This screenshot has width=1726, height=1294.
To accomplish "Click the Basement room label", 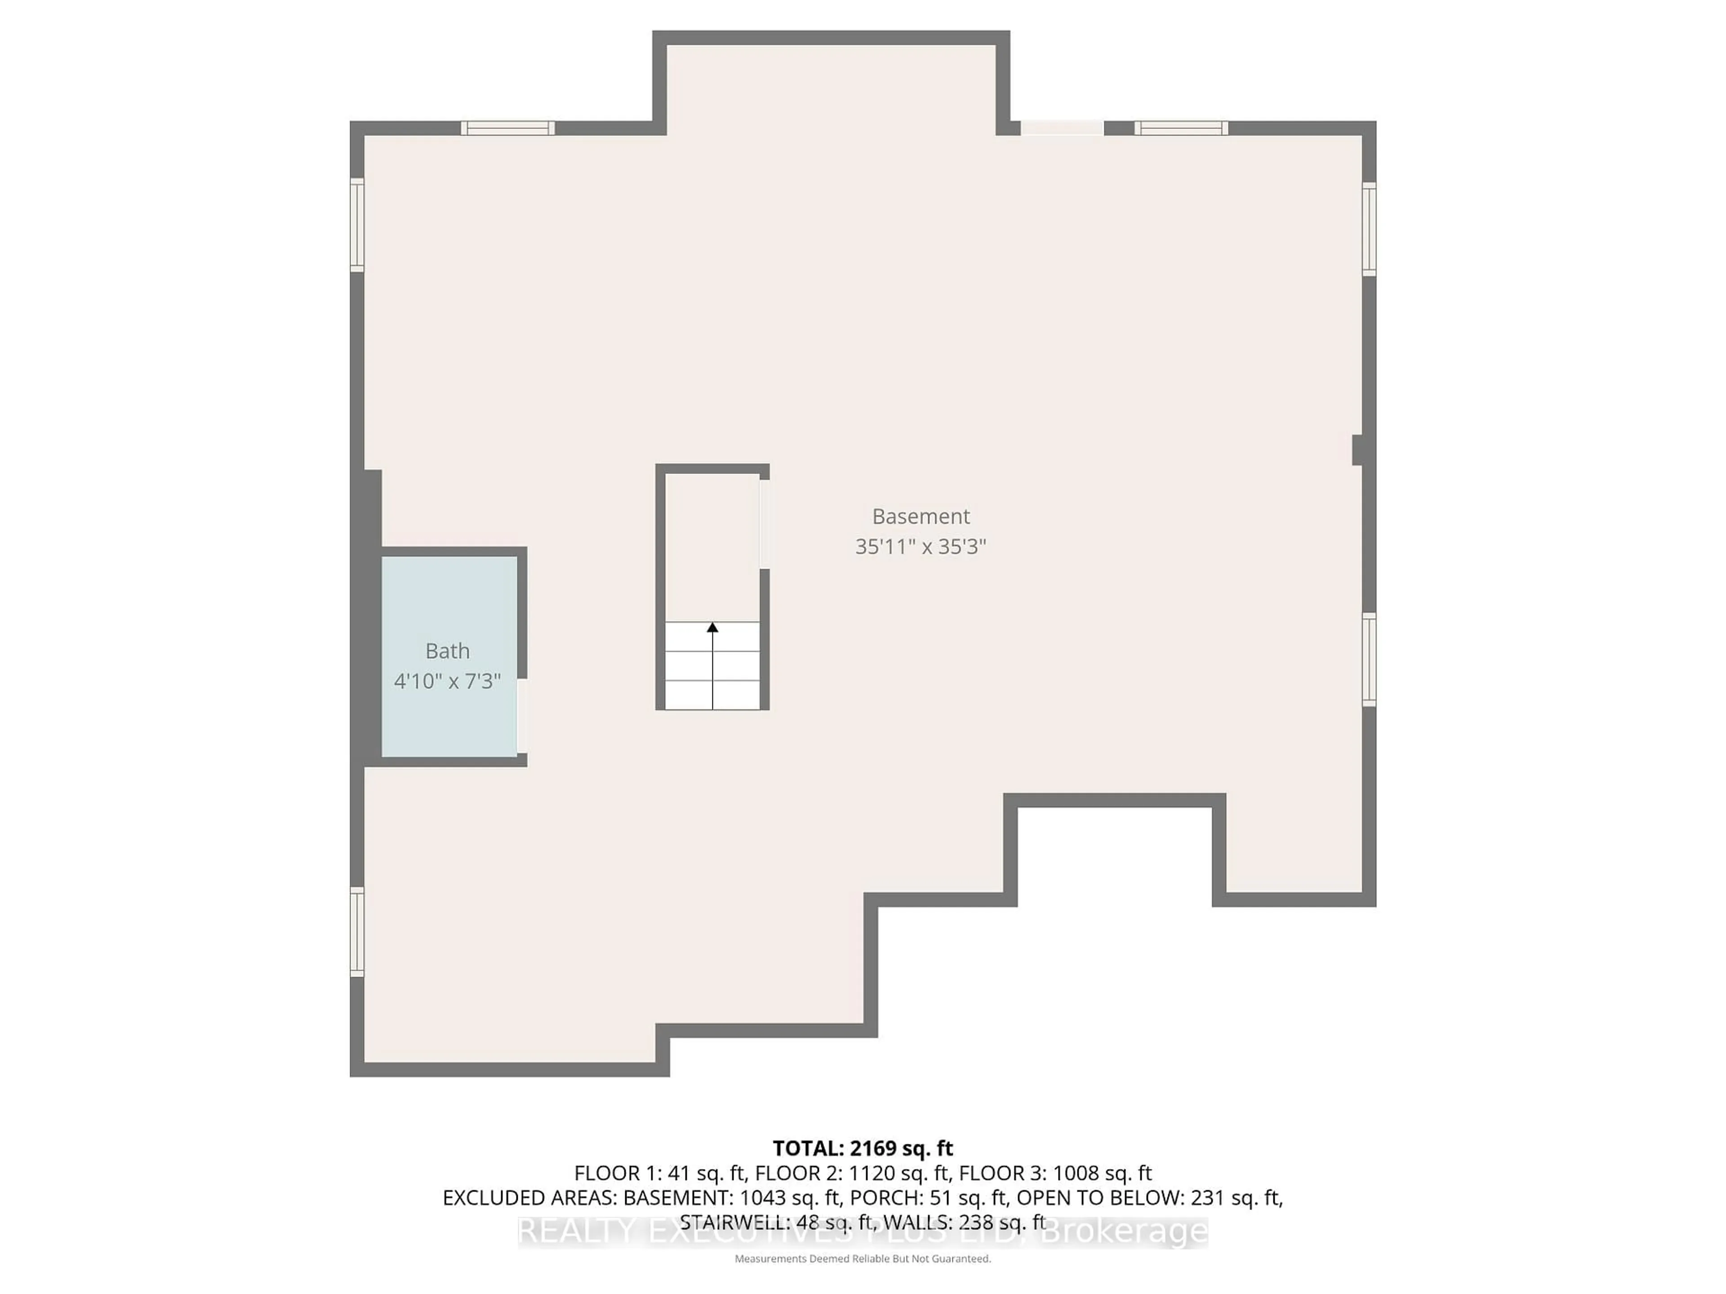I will click(x=921, y=516).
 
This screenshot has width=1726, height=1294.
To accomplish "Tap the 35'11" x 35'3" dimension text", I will click(x=921, y=547).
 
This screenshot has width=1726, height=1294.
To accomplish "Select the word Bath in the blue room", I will click(x=447, y=651).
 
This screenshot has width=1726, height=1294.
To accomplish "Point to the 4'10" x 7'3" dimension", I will click(x=447, y=682).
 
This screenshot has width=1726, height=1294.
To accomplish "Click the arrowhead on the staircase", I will click(x=712, y=627).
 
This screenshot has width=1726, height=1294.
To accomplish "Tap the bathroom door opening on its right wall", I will click(x=522, y=715).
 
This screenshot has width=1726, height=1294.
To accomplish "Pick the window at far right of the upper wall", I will click(x=1181, y=128).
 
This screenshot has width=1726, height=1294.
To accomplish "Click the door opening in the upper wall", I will click(x=1062, y=128).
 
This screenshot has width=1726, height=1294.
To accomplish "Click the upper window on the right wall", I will click(x=1369, y=229).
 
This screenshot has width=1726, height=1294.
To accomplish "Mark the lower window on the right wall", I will click(x=1369, y=660).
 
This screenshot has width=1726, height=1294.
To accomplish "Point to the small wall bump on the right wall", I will click(x=1358, y=450).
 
